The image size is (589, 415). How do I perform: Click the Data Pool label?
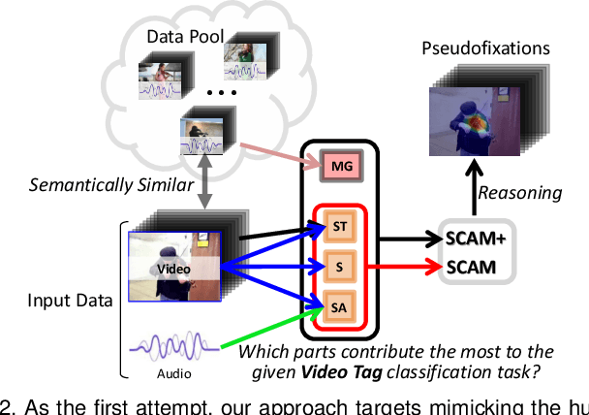point(185,37)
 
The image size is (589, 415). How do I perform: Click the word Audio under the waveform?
point(174,373)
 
